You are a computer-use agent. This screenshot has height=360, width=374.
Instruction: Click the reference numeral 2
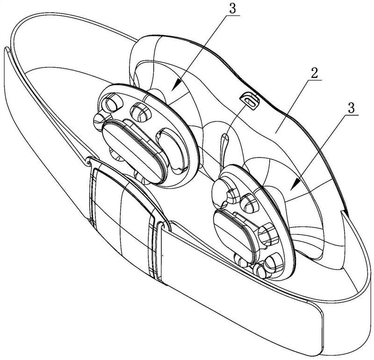(314, 73)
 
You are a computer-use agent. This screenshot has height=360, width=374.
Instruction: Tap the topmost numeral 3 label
(232, 8)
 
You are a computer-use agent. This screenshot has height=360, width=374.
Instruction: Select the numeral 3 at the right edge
(351, 108)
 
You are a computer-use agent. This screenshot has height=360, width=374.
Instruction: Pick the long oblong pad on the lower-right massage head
(235, 235)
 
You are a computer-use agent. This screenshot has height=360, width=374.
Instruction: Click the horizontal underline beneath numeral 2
(314, 80)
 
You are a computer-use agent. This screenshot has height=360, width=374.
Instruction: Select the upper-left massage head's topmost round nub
(112, 102)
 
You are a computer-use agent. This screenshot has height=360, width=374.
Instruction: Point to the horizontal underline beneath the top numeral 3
(232, 15)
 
